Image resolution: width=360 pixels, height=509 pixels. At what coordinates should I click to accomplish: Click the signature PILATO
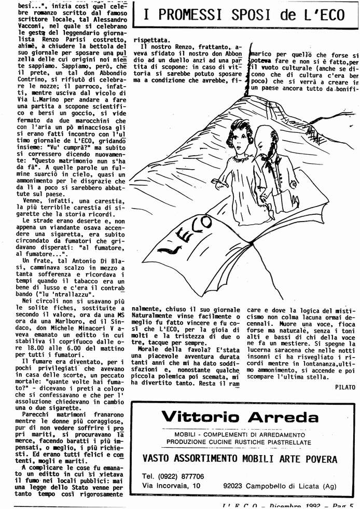point(344,387)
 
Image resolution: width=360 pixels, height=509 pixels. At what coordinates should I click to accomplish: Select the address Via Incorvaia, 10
point(171,486)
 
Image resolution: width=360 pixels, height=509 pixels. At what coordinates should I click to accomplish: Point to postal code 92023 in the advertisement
point(234,486)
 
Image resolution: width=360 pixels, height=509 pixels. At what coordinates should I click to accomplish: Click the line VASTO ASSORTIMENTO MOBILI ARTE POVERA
point(240,459)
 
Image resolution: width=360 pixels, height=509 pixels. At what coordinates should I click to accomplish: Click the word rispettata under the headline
point(151,39)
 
